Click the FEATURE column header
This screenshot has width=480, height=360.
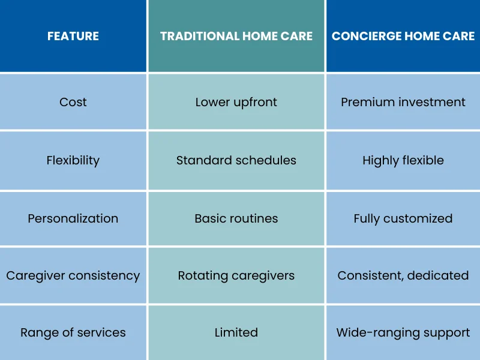coord(73,36)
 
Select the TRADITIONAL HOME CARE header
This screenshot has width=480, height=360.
coord(236,36)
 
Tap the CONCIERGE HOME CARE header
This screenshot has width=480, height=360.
coord(403,36)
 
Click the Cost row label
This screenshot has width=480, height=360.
coord(73,102)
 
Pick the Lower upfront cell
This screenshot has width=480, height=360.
coord(236,103)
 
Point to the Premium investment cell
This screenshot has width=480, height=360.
coord(403,102)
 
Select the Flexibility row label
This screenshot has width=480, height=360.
coord(73,160)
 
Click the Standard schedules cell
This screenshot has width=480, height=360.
coord(236,160)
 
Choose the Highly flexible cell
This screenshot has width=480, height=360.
coord(403,160)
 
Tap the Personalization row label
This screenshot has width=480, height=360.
coord(73,218)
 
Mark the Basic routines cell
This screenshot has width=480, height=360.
coord(236,218)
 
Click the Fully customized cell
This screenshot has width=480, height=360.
coord(403,218)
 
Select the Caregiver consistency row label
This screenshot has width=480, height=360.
coord(73,276)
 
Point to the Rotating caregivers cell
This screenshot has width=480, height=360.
coord(236,276)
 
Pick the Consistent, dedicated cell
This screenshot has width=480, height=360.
coord(403,275)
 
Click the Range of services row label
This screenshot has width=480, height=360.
coord(73,333)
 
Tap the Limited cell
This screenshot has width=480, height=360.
coord(236,332)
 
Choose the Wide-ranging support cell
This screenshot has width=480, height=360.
coord(403,333)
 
